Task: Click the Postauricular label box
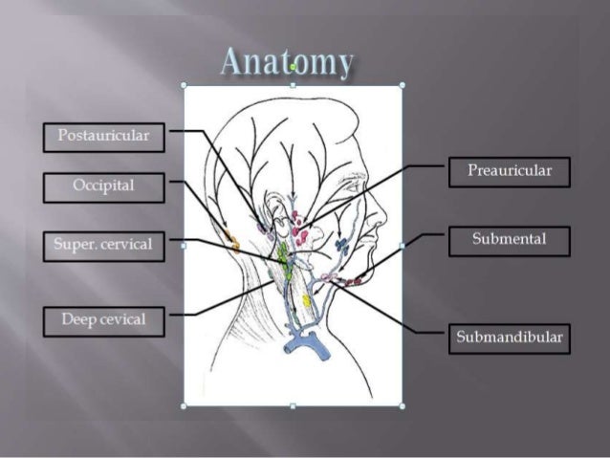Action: coord(103,137)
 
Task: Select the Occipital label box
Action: coord(103,186)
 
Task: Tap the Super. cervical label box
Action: coord(103,246)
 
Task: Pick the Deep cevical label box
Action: coord(103,320)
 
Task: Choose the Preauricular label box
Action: coord(509,172)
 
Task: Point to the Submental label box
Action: coord(509,240)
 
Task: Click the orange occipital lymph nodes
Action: coord(228,234)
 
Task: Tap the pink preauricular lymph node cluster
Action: coord(299,229)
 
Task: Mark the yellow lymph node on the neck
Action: coord(306,301)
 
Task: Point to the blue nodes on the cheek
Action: coord(341,246)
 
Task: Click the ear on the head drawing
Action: coord(275,214)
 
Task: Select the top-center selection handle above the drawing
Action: coord(293,84)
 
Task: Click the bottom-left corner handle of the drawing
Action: coord(185,405)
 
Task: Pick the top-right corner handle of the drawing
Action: coord(402,85)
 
